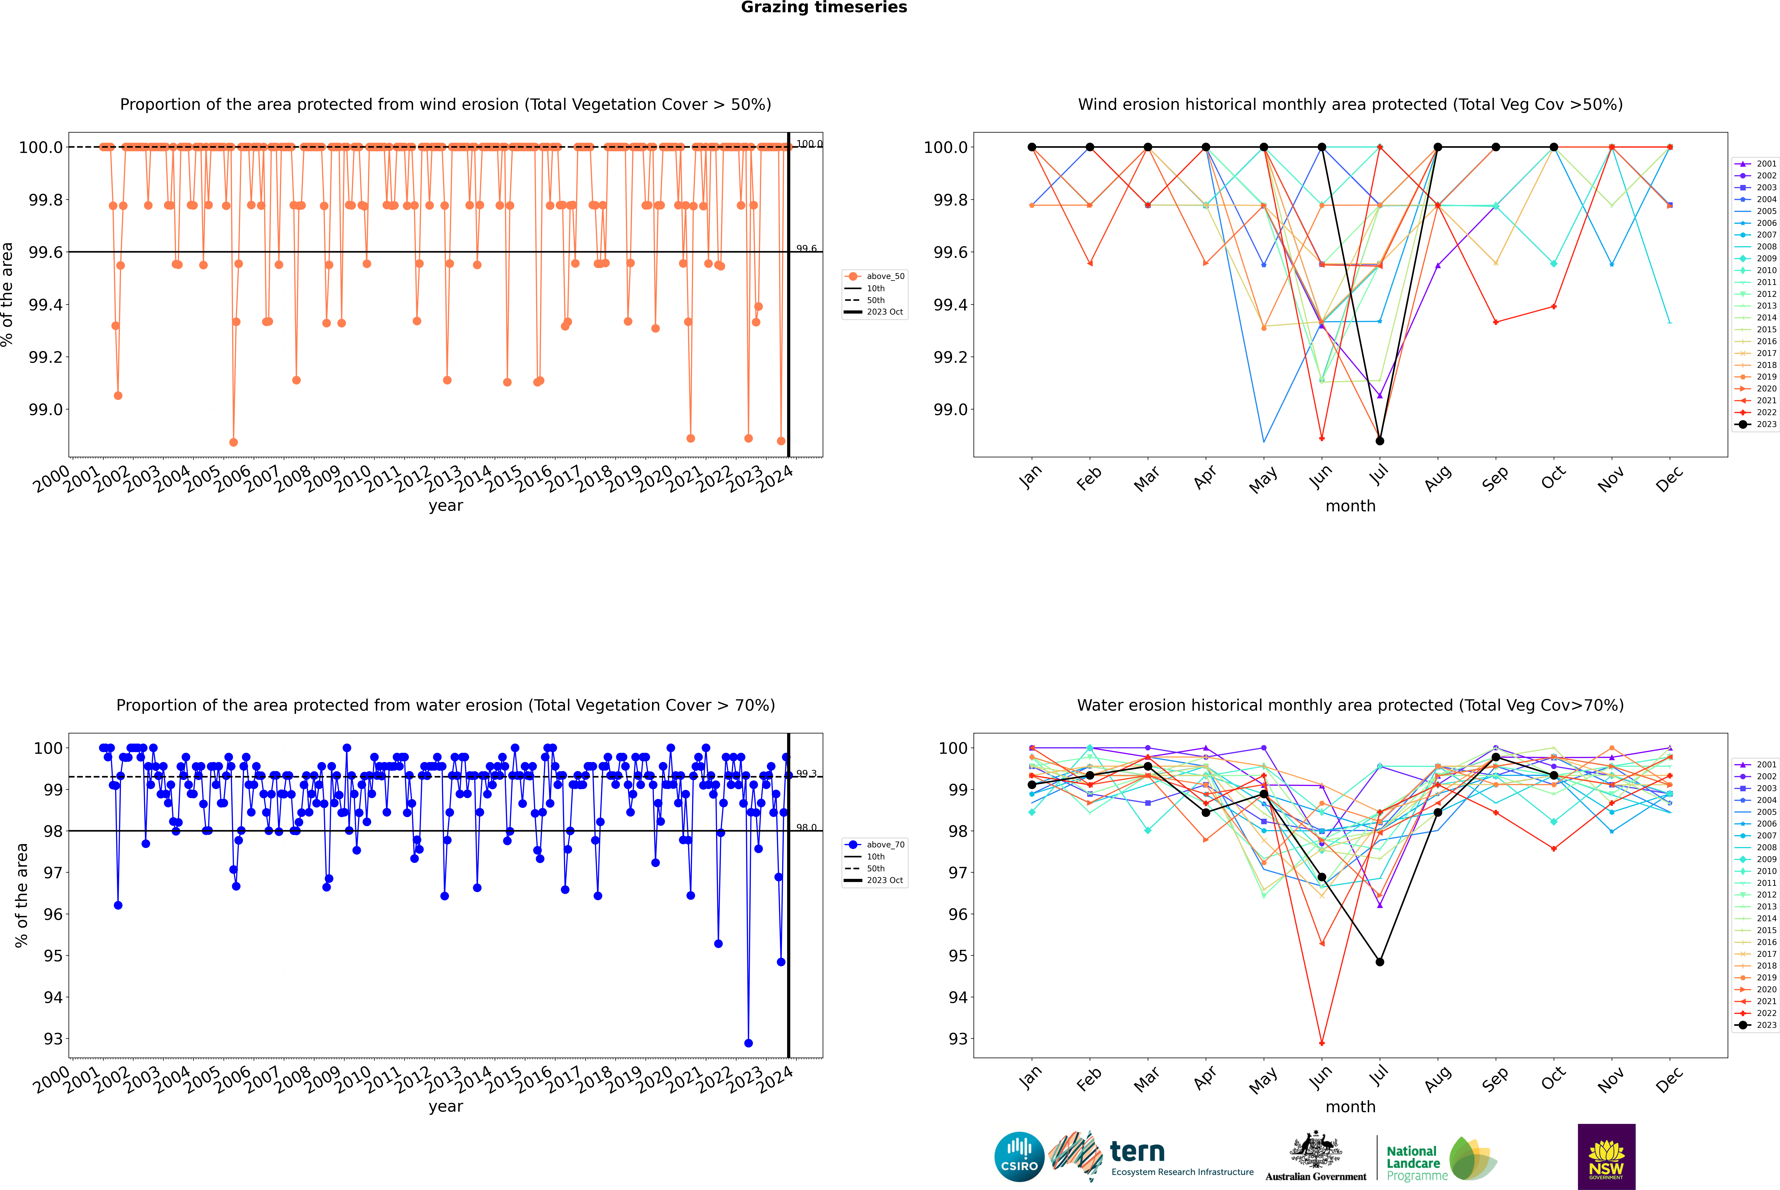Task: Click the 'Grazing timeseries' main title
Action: (x=824, y=8)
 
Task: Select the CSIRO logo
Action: (x=1019, y=1157)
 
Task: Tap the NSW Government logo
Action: (x=1606, y=1157)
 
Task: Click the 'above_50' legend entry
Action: (x=885, y=276)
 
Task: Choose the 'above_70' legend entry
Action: (x=885, y=845)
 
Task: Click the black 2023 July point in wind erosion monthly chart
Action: (x=1379, y=441)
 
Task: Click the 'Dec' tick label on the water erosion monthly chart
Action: (x=1669, y=1079)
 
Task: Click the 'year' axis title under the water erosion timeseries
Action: (x=445, y=1107)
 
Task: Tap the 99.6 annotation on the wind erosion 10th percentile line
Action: (x=806, y=249)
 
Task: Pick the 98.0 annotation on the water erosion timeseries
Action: (x=806, y=828)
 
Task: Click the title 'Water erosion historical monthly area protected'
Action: (x=1350, y=705)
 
